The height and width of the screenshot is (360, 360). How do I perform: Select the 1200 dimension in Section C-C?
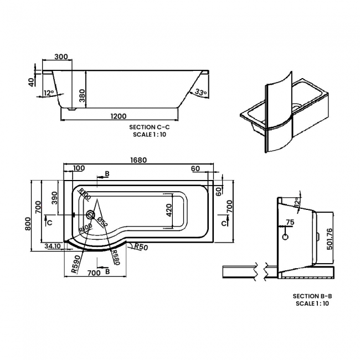point(119,116)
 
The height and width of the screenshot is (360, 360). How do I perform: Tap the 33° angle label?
point(200,92)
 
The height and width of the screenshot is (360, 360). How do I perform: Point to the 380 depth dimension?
point(82,97)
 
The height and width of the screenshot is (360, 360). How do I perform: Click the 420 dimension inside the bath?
point(169,210)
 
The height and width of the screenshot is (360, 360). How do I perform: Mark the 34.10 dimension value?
point(54,246)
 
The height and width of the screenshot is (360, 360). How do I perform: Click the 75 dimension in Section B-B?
point(289,223)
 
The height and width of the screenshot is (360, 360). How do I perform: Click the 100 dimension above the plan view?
point(79,168)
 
